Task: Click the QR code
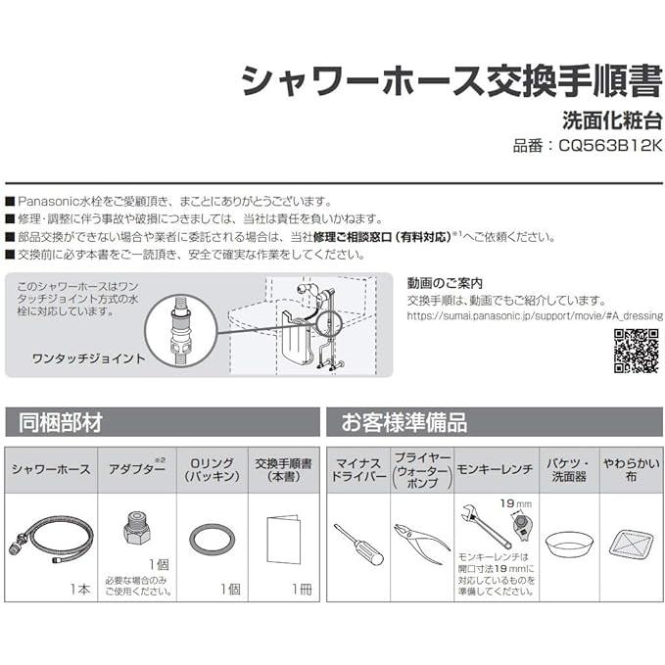[x=636, y=351]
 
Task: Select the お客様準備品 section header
[x=404, y=422]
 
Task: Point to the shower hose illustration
[x=49, y=538]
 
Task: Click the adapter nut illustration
[x=136, y=530]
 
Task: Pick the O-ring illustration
[x=212, y=538]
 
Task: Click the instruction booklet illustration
[x=283, y=539]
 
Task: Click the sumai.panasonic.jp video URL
[x=534, y=315]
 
